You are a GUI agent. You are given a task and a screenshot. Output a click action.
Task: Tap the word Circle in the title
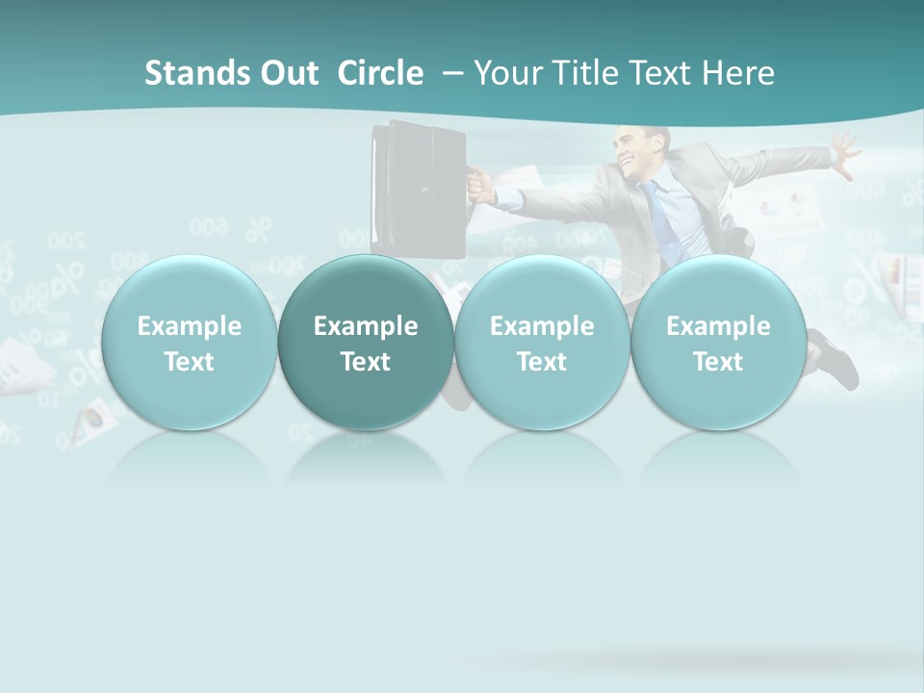pos(380,73)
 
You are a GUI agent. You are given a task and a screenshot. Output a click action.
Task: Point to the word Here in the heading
pos(739,73)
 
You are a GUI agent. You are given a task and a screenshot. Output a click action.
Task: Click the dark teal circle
pos(366,343)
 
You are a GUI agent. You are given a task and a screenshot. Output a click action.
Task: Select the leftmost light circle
pos(189,343)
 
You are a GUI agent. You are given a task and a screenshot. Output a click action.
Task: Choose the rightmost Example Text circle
pos(718,343)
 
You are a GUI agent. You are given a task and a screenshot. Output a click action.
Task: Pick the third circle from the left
pos(541,343)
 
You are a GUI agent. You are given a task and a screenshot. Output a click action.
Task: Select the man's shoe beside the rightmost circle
pos(835,361)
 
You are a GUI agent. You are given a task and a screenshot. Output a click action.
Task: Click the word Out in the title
pos(289,73)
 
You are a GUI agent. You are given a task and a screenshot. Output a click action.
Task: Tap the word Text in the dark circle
pos(366,362)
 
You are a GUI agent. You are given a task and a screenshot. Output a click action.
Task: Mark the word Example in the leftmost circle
pos(189,326)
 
